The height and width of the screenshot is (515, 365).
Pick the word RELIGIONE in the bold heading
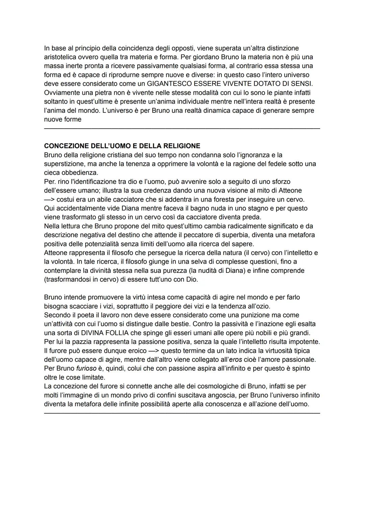(x=182, y=146)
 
